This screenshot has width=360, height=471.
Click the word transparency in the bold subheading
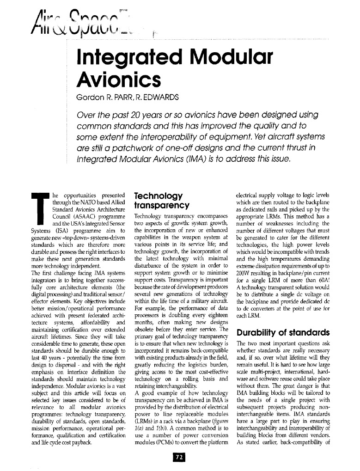coord(161,205)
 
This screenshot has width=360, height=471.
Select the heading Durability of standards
coord(282,332)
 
